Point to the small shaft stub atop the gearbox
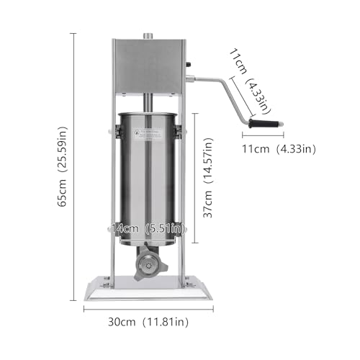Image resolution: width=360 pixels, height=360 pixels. point(148,35)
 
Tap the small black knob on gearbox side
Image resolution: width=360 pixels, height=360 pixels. point(189,67)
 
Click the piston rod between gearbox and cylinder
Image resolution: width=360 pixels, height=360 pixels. point(148,102)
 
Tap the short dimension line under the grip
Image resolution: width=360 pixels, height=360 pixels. point(263,136)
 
